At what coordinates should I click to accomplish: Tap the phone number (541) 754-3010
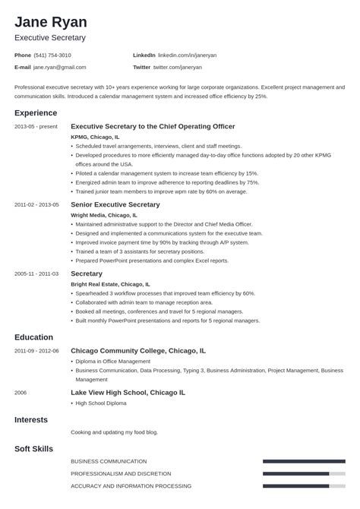coord(53,55)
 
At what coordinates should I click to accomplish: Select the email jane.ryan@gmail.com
coord(60,67)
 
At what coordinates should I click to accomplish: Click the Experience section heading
coord(36,112)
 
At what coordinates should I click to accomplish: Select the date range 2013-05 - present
coord(35,127)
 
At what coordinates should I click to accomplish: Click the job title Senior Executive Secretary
coord(115,204)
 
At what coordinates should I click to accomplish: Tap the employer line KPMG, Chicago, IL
coord(95,137)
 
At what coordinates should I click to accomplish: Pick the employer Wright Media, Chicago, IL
coord(104,215)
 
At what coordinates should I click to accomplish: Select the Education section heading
coord(33,337)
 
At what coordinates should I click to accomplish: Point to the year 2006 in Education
coord(21,393)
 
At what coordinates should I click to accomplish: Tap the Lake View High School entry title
coord(127,393)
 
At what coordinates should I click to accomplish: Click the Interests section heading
coord(31,419)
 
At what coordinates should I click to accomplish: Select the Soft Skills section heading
coord(33,449)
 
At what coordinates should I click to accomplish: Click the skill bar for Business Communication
coord(303,461)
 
